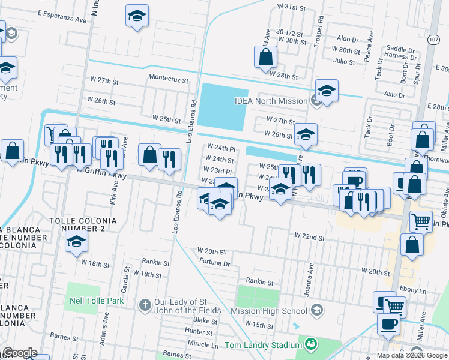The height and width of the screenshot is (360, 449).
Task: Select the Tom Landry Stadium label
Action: click(262, 345)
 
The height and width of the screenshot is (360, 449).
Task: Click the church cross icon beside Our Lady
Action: click(144, 305)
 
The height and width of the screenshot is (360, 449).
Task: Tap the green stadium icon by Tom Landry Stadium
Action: click(311, 344)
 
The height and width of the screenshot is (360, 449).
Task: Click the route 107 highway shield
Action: click(432, 39)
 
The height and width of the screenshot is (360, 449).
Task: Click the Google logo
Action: click(19, 353)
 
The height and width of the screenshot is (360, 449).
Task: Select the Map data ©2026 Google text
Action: click(412, 355)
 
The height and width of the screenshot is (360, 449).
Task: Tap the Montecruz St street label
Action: click(169, 79)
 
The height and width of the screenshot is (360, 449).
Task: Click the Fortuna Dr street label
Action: click(214, 263)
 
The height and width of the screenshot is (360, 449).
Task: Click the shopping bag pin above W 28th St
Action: click(266, 58)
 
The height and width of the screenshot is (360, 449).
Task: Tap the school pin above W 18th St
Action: click(77, 242)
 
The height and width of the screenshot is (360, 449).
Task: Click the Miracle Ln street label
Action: click(202, 346)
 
